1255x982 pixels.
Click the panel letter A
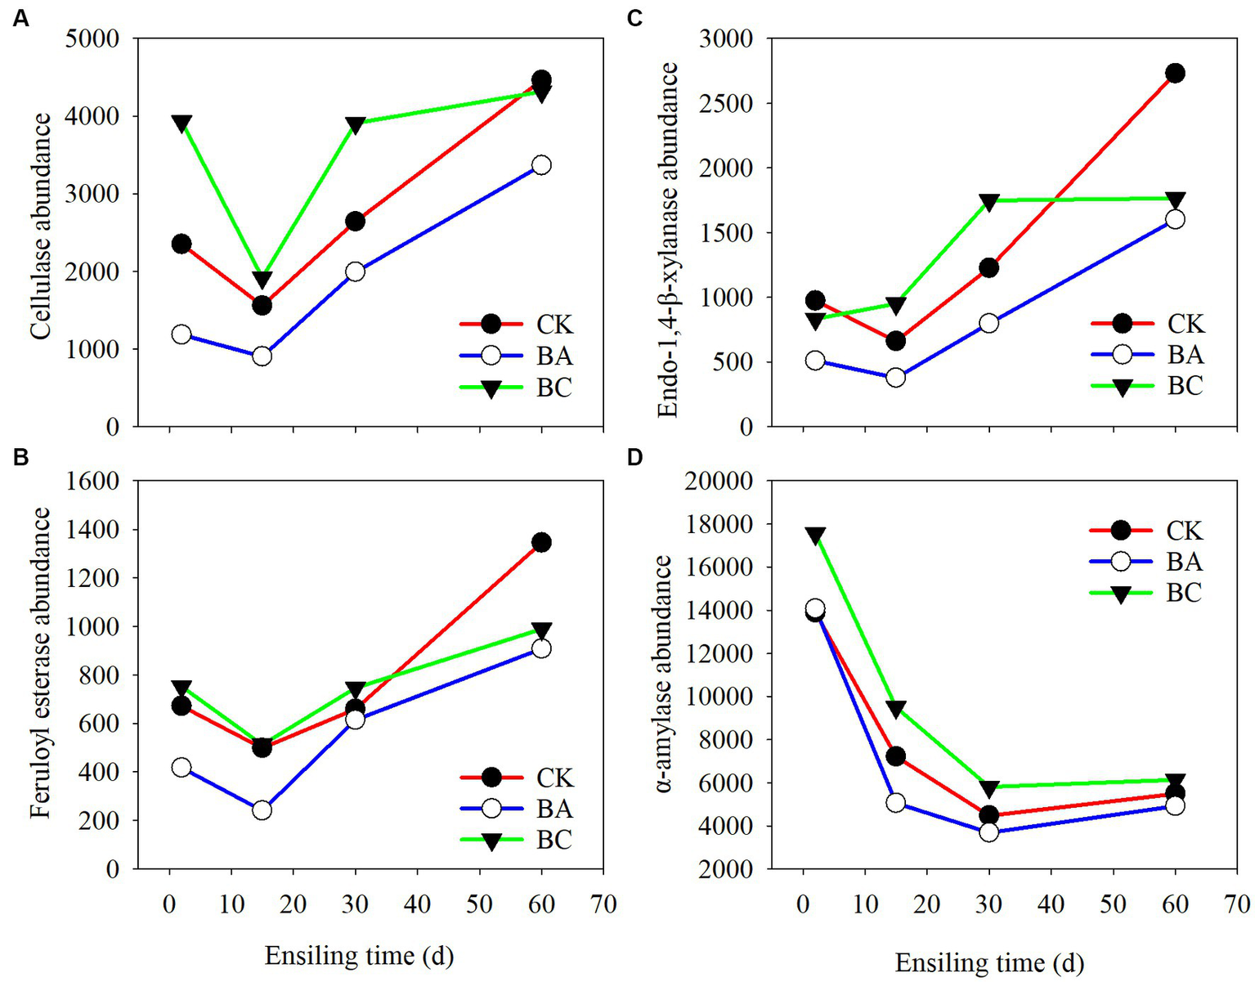20,19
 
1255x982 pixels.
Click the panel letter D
635,456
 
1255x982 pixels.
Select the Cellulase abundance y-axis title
41,226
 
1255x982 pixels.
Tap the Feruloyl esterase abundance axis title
41,663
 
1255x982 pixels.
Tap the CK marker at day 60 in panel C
1175,74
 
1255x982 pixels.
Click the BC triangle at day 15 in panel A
262,280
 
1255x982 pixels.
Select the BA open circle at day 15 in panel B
262,810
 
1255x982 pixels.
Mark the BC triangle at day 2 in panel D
815,536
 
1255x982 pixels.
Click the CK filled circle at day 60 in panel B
541,542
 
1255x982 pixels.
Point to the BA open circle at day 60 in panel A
541,165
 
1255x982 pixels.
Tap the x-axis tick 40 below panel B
417,905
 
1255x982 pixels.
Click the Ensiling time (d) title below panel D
989,962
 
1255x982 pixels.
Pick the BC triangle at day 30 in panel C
988,202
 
